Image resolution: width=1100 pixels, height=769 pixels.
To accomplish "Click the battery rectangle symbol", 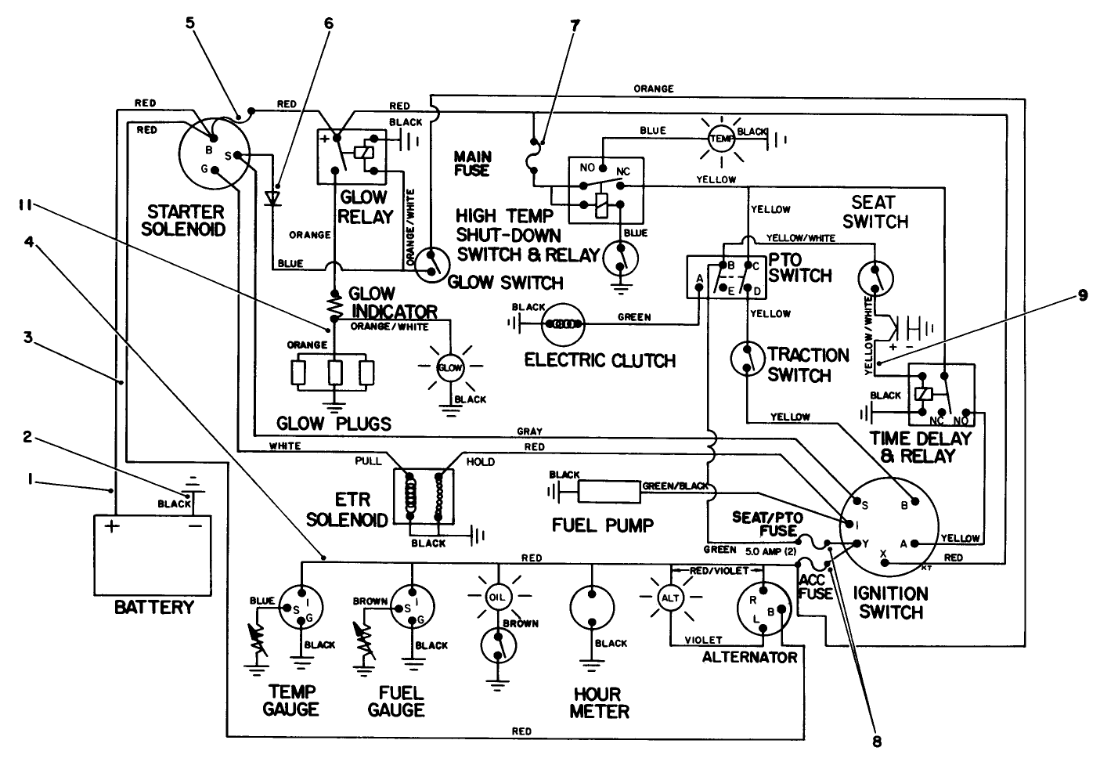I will pos(153,547).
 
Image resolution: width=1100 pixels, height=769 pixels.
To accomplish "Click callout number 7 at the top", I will pos(575,24).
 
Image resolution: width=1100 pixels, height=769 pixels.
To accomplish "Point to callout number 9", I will pos(1082,297).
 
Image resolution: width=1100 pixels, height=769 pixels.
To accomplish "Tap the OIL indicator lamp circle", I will pos(497,598).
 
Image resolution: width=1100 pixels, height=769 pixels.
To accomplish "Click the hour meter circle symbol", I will pos(593,606).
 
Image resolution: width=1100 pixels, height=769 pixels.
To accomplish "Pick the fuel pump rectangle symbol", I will pos(608,492).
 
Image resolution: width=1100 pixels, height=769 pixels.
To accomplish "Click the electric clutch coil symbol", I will pos(564,323).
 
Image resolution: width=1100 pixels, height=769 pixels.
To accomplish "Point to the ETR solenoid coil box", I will pos(423,496).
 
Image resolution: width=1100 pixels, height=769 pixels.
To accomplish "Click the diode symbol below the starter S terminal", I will pos(273,197).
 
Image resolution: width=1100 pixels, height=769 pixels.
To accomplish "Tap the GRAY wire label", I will pos(529,431).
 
